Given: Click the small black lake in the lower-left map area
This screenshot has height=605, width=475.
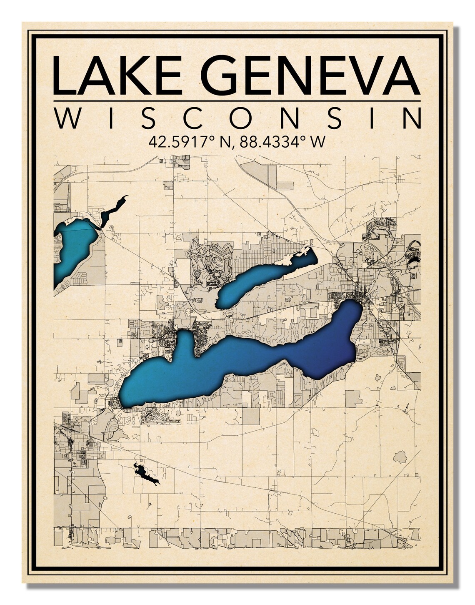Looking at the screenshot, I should (143, 473).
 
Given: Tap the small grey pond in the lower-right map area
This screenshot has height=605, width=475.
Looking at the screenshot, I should (400, 457).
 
